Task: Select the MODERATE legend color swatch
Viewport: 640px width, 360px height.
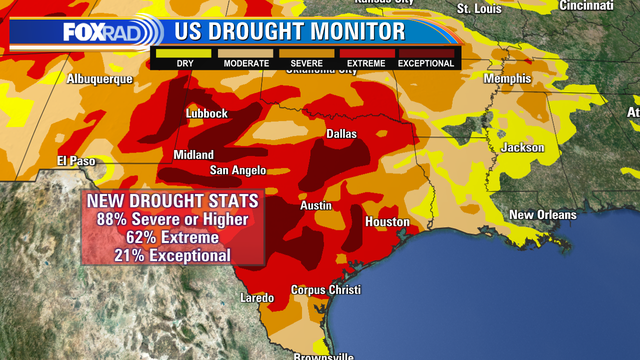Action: (245, 53)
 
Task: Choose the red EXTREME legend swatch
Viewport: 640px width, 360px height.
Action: (366, 53)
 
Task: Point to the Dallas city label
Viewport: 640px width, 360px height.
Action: (342, 133)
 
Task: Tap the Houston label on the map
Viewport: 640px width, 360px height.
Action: (387, 221)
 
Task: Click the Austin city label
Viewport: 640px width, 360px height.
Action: (317, 206)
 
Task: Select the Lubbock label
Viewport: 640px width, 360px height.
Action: (207, 114)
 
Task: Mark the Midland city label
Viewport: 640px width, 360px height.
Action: (193, 155)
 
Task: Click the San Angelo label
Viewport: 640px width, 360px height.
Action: (236, 170)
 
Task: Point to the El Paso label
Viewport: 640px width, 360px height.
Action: (75, 160)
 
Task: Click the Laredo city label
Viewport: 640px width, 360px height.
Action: (258, 298)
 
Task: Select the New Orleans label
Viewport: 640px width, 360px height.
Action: (542, 215)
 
